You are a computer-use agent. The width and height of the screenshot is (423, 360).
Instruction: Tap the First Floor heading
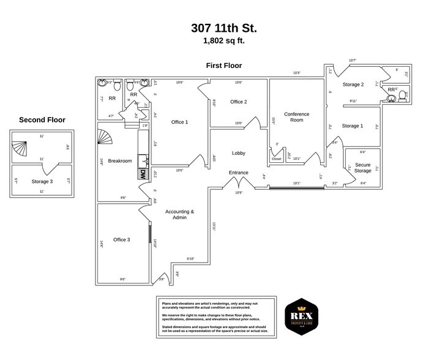[x=223, y=66]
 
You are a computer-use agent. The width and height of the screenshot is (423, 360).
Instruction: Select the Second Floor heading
[x=42, y=120]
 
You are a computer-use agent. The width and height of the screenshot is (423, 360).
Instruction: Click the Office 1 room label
[x=179, y=122]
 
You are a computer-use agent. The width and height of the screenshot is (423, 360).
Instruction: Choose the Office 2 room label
[x=238, y=102]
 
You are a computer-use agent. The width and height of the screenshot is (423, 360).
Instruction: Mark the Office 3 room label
[x=121, y=239]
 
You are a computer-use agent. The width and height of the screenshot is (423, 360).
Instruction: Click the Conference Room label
[x=296, y=117]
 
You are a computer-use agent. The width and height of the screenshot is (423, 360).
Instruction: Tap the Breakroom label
[x=120, y=161]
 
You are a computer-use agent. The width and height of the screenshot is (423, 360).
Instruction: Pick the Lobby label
[x=238, y=153]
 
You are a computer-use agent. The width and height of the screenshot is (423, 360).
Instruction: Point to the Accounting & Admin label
[x=179, y=214]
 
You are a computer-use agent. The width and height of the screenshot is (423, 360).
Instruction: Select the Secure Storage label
[x=362, y=167]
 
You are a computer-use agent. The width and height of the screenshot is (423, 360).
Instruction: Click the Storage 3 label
[x=42, y=181]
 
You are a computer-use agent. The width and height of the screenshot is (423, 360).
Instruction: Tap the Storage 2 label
[x=353, y=84]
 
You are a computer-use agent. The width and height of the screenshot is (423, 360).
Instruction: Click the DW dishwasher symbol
[x=143, y=174]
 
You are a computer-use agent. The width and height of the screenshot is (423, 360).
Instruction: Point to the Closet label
[x=277, y=159]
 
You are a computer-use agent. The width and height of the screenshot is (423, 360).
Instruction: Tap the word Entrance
[x=238, y=173]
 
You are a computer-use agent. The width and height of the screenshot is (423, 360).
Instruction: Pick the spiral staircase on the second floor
[x=20, y=147]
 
